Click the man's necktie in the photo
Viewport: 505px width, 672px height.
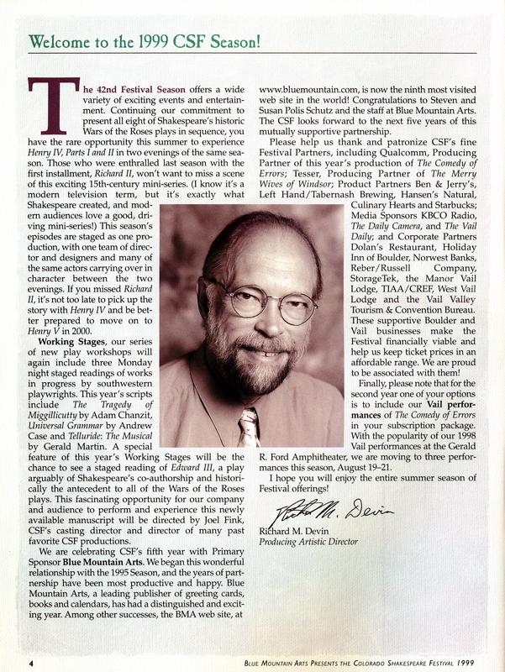point(249,427)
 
